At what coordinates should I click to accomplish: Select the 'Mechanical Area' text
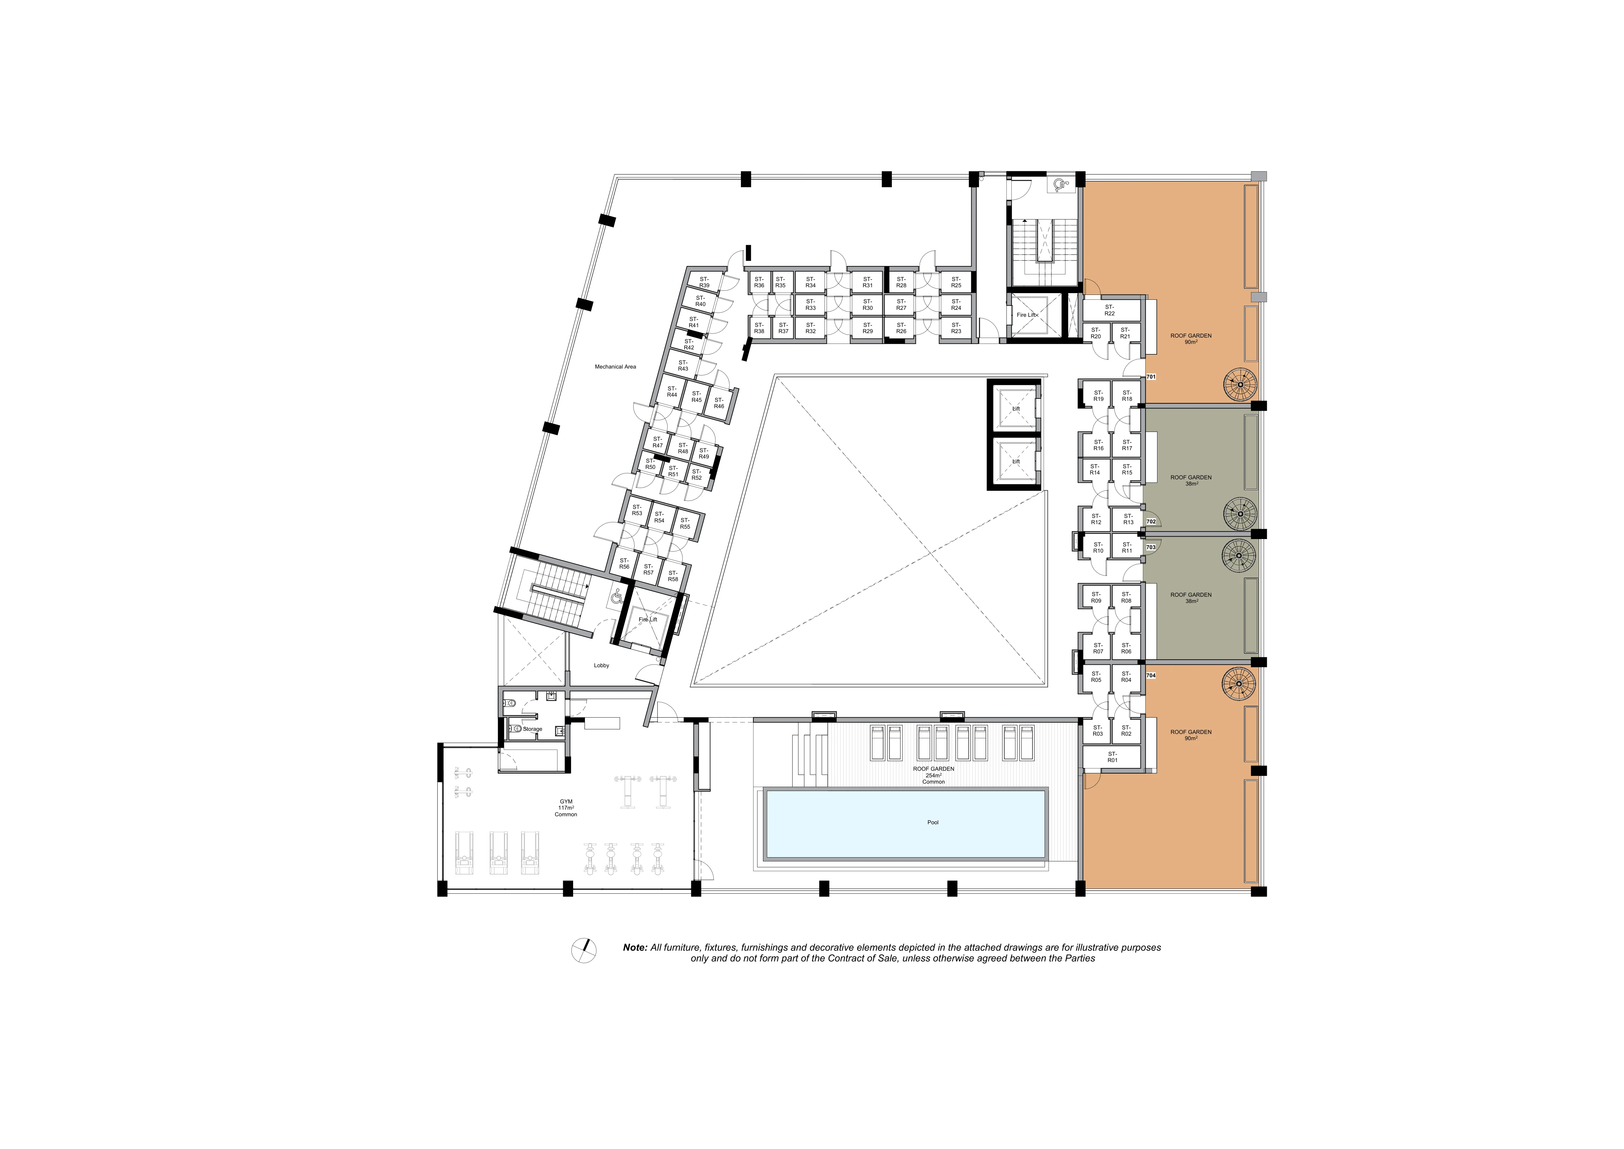click(616, 366)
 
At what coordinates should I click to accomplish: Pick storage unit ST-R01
click(1113, 757)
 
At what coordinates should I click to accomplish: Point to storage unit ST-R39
click(704, 282)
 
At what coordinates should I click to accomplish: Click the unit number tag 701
click(1151, 377)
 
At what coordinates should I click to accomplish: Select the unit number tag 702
click(1151, 521)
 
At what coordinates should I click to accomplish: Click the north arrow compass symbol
click(584, 950)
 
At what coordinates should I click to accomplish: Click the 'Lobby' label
click(601, 665)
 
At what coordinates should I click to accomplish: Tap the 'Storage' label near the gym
click(533, 729)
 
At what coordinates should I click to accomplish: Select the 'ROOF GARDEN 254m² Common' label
click(934, 775)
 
